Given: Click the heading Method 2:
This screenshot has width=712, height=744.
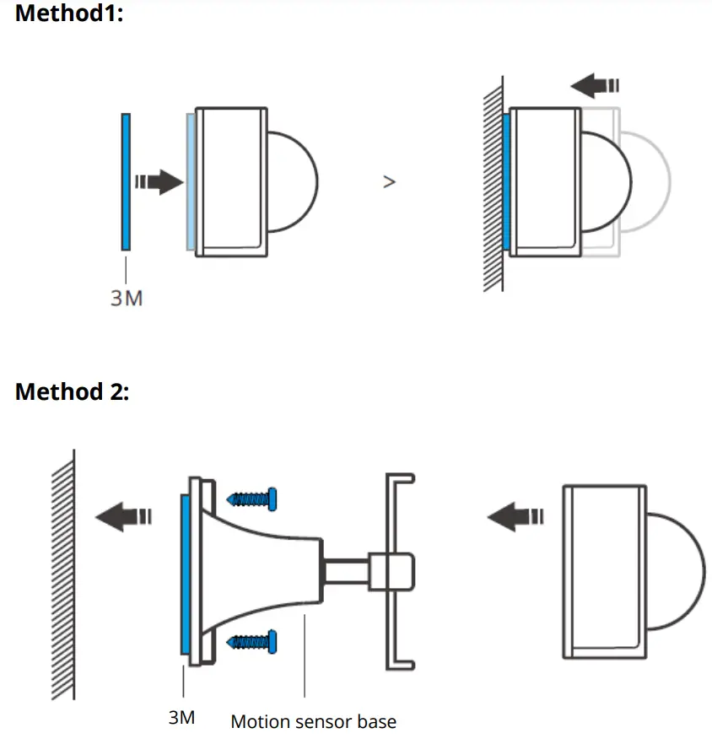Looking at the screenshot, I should tap(73, 392).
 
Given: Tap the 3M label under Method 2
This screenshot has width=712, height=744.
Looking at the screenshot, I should tap(181, 718).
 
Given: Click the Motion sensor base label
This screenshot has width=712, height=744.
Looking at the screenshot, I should tap(313, 721).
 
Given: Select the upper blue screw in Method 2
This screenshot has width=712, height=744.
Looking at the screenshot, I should tap(254, 499).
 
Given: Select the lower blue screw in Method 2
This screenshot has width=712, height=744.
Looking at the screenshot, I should tap(254, 643).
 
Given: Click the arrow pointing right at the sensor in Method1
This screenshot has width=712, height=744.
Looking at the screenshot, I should tap(159, 181).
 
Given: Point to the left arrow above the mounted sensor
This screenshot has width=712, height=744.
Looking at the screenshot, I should tap(594, 85).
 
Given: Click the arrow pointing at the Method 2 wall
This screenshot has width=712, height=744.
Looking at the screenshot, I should tap(123, 515).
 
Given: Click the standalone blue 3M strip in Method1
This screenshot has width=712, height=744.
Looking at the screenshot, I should tap(126, 181).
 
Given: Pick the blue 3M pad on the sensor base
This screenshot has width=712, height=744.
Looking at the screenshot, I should tap(185, 574).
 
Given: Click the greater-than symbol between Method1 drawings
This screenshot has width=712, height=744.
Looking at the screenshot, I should tap(389, 181).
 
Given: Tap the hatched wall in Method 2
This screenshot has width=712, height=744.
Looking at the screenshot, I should tap(63, 574).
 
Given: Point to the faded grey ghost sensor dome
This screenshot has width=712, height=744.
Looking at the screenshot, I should tap(654, 181).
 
